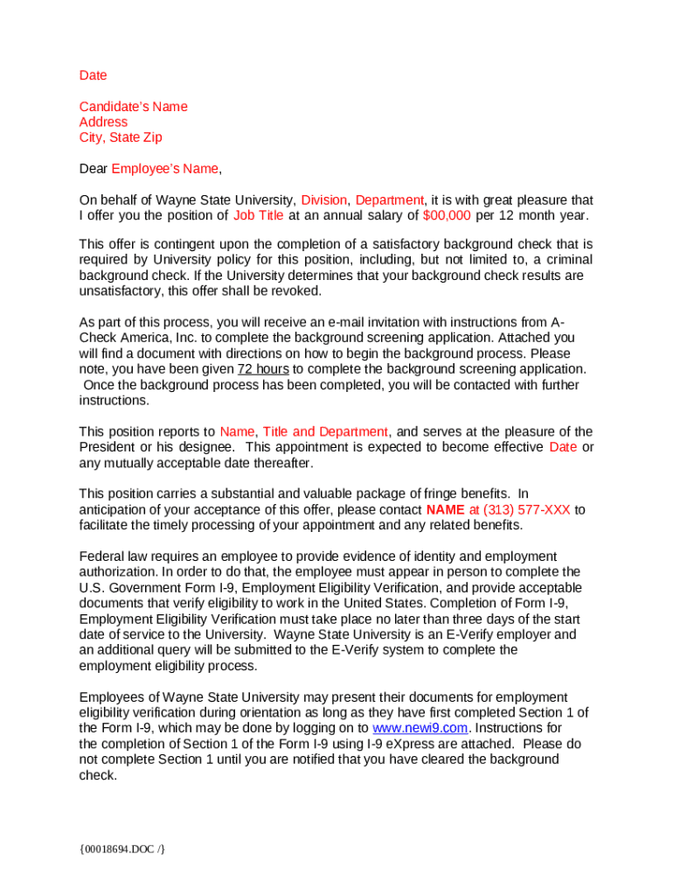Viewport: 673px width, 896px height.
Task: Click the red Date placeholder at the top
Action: [x=93, y=75]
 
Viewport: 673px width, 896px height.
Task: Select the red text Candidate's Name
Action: [x=133, y=107]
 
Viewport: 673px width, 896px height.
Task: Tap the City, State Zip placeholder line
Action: [x=120, y=137]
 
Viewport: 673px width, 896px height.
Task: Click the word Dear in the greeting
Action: [x=93, y=169]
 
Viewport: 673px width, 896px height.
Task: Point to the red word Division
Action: [x=324, y=200]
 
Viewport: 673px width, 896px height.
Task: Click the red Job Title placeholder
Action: [x=258, y=215]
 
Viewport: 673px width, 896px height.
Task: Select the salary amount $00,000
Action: [x=447, y=215]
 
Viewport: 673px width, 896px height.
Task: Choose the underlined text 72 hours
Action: [x=263, y=369]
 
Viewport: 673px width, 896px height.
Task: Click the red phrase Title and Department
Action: [x=325, y=431]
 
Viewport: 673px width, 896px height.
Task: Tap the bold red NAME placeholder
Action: [x=445, y=510]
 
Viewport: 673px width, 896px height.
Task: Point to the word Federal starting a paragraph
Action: [x=102, y=556]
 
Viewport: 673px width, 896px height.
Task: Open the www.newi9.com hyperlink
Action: [x=420, y=728]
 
